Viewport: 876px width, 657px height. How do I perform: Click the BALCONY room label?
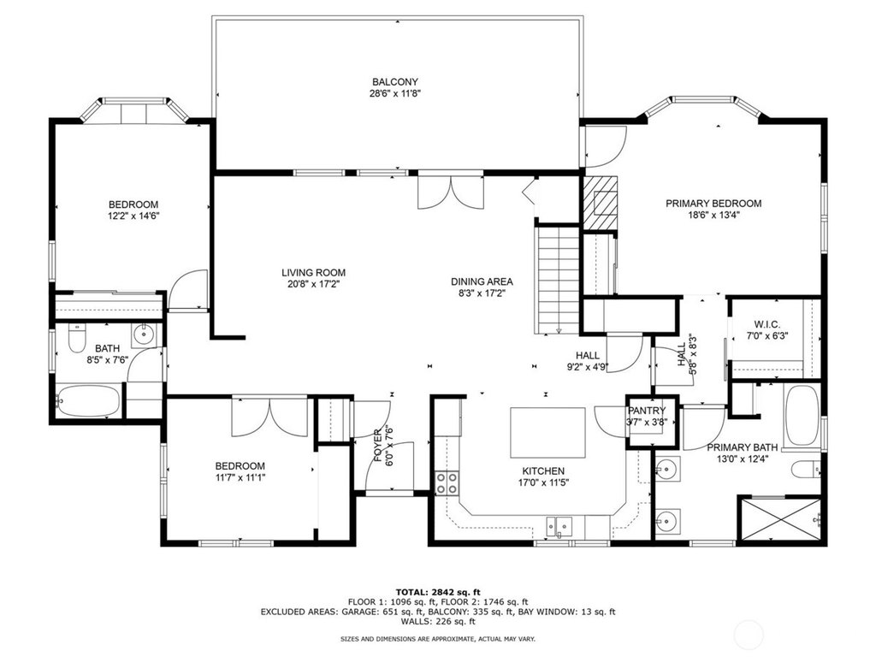coord(395,82)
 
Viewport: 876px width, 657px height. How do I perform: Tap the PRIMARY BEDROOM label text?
coord(713,204)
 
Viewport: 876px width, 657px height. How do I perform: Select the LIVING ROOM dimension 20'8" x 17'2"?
coord(313,284)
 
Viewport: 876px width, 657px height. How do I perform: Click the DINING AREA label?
coord(482,281)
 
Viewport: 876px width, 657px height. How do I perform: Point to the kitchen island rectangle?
coord(547,433)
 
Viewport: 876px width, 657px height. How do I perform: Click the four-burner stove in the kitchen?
coord(447,483)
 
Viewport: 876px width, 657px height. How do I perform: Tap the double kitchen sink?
coord(559,526)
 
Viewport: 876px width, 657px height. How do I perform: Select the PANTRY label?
coord(647,411)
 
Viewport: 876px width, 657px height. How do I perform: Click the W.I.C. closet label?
coord(767,324)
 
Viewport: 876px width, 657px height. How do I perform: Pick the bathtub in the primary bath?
coord(802,415)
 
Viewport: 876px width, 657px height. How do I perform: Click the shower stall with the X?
coord(780,519)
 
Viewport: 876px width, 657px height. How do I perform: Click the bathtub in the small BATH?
coord(88,400)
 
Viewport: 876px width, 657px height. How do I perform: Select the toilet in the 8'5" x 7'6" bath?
coord(76,339)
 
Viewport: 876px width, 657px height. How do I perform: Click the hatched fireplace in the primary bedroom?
coord(601,203)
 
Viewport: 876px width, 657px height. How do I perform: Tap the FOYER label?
coord(378,446)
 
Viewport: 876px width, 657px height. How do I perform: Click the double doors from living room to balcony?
coord(451,191)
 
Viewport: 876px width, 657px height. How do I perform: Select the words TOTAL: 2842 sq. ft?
coord(438,592)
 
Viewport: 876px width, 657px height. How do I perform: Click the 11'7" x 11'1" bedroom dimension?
coord(240,477)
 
